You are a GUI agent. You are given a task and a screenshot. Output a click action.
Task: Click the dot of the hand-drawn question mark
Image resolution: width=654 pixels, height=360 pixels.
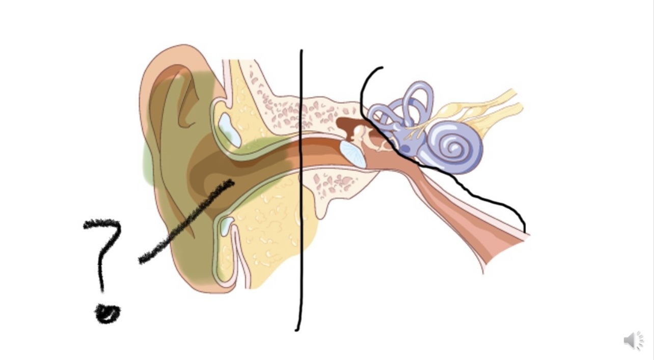pyautogui.click(x=107, y=313)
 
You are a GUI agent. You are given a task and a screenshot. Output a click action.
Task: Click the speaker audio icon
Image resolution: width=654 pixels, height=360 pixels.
pyautogui.click(x=633, y=340)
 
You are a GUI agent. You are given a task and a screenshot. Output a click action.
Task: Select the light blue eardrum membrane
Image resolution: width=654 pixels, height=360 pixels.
pyautogui.click(x=352, y=154)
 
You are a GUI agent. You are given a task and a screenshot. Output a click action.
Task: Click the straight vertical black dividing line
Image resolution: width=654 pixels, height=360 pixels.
pyautogui.click(x=301, y=204)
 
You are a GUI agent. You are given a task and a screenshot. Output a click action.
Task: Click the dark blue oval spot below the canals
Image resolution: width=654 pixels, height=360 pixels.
pyautogui.click(x=406, y=149)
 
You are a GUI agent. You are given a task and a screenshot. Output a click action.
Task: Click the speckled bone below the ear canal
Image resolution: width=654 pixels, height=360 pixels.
pyautogui.click(x=334, y=183)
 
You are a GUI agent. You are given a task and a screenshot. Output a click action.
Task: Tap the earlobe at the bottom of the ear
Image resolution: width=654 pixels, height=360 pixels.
pyautogui.click(x=204, y=285)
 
